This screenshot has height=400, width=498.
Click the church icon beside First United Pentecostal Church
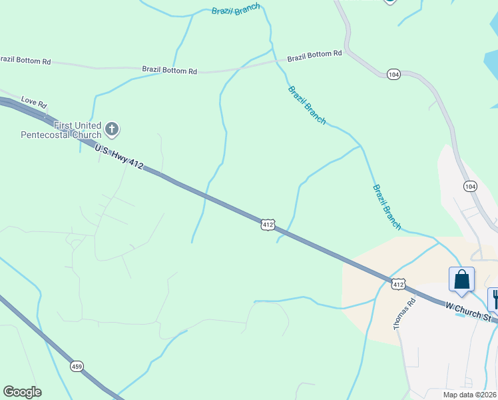112,129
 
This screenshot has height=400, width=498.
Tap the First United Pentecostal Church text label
61,130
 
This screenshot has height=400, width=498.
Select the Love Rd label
34,103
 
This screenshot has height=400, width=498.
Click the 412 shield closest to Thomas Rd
397,284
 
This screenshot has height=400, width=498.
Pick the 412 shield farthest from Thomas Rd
267,225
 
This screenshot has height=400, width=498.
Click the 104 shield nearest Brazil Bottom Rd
393,75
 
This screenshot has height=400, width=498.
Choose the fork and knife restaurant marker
494,299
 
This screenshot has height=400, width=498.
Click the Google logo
22,392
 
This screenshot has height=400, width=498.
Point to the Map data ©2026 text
470,395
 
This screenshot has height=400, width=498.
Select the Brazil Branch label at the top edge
234,11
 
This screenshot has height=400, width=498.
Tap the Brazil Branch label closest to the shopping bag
387,207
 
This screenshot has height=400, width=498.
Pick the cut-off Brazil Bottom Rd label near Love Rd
25,61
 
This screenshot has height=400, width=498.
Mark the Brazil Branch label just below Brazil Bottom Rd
307,105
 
